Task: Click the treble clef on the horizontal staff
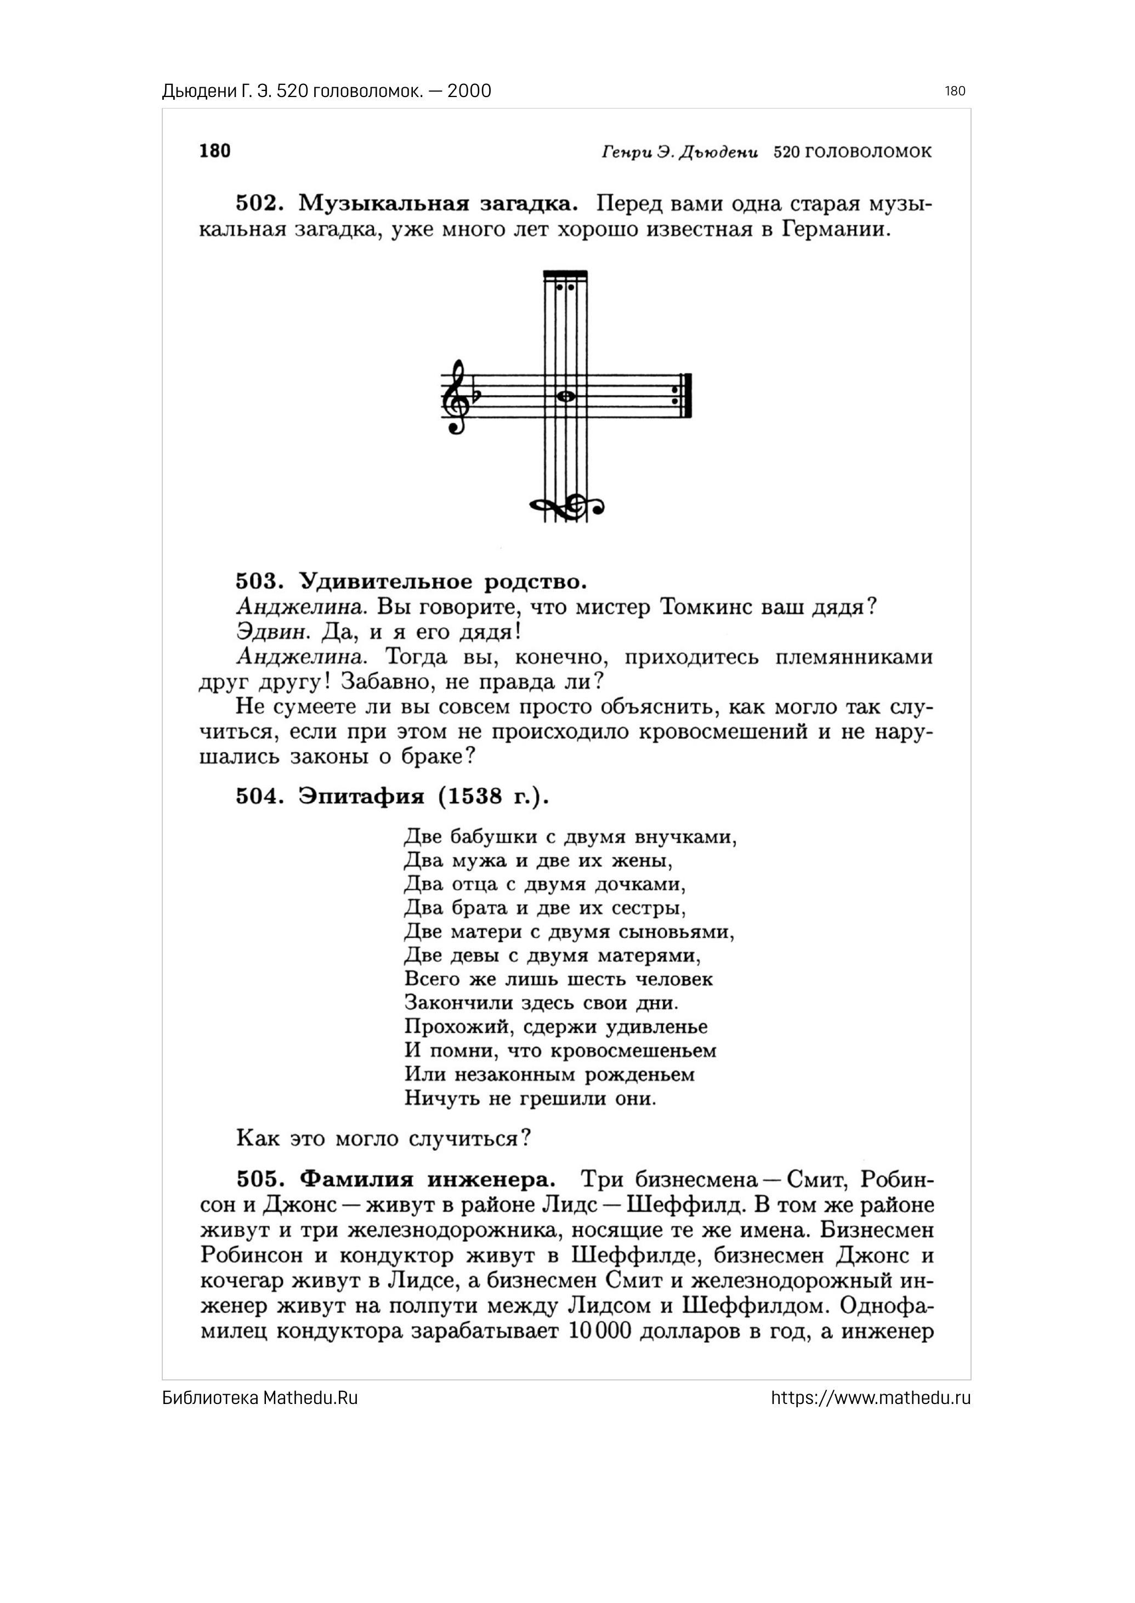click(x=456, y=397)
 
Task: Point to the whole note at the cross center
click(x=566, y=397)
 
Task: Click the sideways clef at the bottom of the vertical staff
click(x=567, y=507)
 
